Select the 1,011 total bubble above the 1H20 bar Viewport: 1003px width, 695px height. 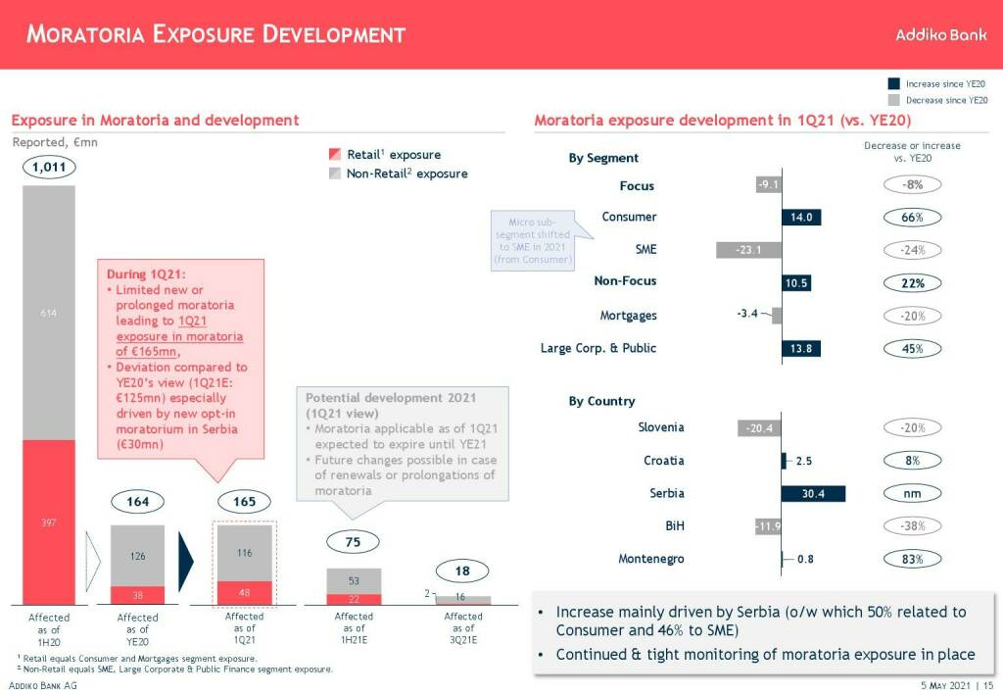(48, 168)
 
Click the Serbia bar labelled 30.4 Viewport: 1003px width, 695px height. (813, 494)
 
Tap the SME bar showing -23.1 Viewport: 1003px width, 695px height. (749, 250)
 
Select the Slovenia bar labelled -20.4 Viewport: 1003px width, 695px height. (759, 427)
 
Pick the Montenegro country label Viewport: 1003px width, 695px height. (651, 559)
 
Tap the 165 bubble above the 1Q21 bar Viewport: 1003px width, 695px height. (244, 502)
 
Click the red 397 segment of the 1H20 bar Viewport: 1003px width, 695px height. (49, 521)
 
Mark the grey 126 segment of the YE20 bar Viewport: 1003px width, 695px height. (138, 556)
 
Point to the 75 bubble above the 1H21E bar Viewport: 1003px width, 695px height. (354, 541)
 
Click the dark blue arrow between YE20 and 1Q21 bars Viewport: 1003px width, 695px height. (186, 564)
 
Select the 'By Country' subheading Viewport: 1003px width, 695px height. (601, 401)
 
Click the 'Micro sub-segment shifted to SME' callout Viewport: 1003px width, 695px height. (535, 236)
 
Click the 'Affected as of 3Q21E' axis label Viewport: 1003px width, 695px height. (463, 628)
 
